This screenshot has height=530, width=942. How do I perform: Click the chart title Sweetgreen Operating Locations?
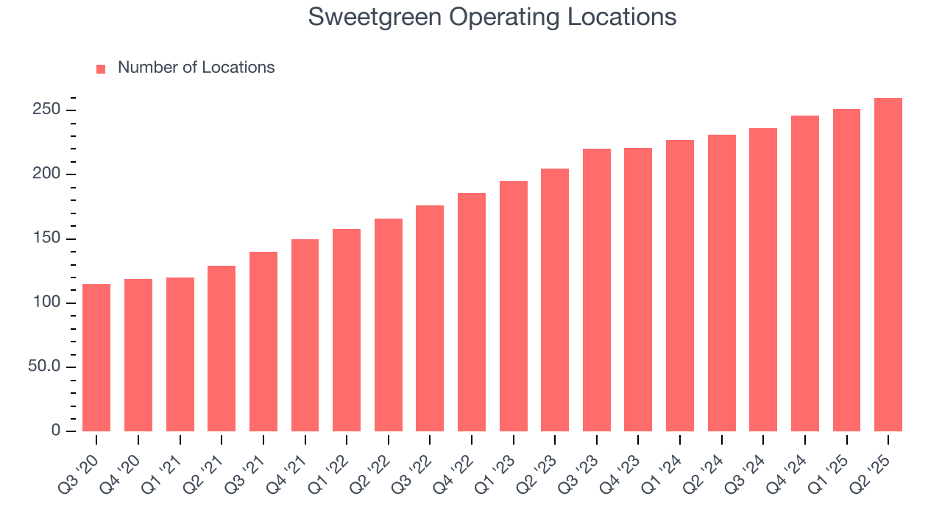(x=492, y=16)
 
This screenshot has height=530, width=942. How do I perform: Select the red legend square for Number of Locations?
(x=101, y=68)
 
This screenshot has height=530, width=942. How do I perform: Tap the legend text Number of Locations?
(x=196, y=68)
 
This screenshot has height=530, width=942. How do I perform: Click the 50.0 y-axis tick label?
(x=45, y=367)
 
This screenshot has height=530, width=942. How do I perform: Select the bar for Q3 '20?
(x=96, y=358)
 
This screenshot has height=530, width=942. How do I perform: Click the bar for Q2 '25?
(x=888, y=265)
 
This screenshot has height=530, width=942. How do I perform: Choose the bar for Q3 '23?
(x=597, y=290)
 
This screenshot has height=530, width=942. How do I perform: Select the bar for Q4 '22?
(x=472, y=312)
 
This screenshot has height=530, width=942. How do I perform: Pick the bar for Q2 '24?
(x=722, y=283)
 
